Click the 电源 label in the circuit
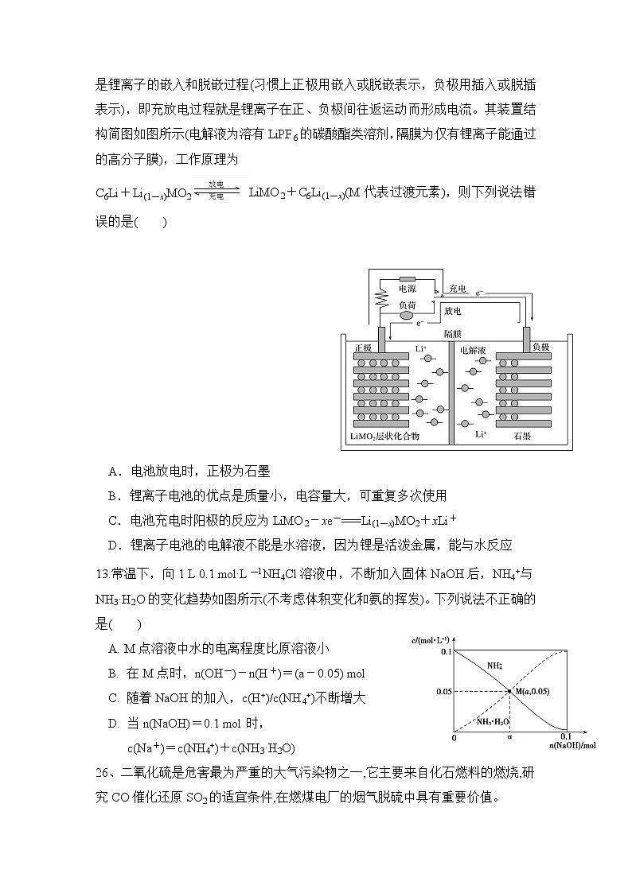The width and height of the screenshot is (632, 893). point(407,289)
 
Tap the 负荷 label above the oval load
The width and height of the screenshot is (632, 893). point(407,305)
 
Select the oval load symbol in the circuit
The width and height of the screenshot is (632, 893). point(407,316)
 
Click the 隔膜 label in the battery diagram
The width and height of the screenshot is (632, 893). point(452,334)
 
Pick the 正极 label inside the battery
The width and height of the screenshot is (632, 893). point(363,348)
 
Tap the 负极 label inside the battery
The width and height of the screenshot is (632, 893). point(540,347)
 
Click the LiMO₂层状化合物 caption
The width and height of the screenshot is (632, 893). point(384,437)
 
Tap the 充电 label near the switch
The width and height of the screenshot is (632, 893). point(457,288)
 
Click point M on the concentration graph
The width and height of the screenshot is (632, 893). point(509,691)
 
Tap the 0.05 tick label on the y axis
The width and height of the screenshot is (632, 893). point(443,692)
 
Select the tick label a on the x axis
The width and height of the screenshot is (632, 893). point(509,738)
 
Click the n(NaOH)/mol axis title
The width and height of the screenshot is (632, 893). point(571,746)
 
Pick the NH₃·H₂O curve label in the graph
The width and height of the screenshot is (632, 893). point(494,721)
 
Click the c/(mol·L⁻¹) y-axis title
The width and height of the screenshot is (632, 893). point(432,639)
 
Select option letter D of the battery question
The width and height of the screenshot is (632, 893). point(113,545)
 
